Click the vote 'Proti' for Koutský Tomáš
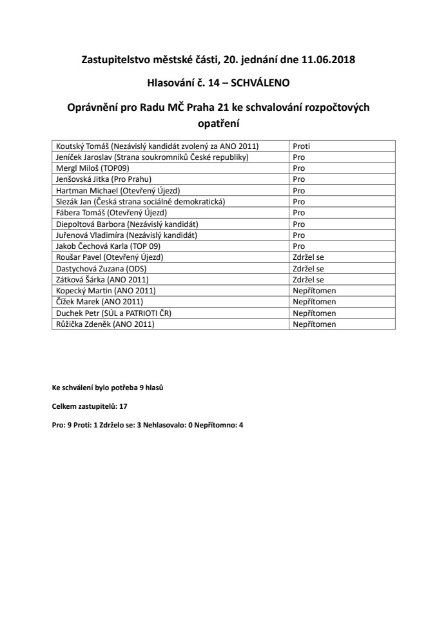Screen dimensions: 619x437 [x=302, y=146]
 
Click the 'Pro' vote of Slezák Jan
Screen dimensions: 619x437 [x=299, y=202]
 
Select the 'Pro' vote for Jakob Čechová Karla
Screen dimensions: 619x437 [x=299, y=246]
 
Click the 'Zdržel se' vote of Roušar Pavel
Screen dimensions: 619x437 [x=308, y=257]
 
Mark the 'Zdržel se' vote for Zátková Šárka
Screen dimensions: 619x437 [x=308, y=280]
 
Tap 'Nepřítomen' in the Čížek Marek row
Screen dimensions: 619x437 [x=315, y=302]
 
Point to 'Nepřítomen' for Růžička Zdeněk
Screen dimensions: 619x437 [x=315, y=324]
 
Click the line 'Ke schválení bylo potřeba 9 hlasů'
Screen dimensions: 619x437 [x=112, y=388]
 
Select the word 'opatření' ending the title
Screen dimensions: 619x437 [x=218, y=122]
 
